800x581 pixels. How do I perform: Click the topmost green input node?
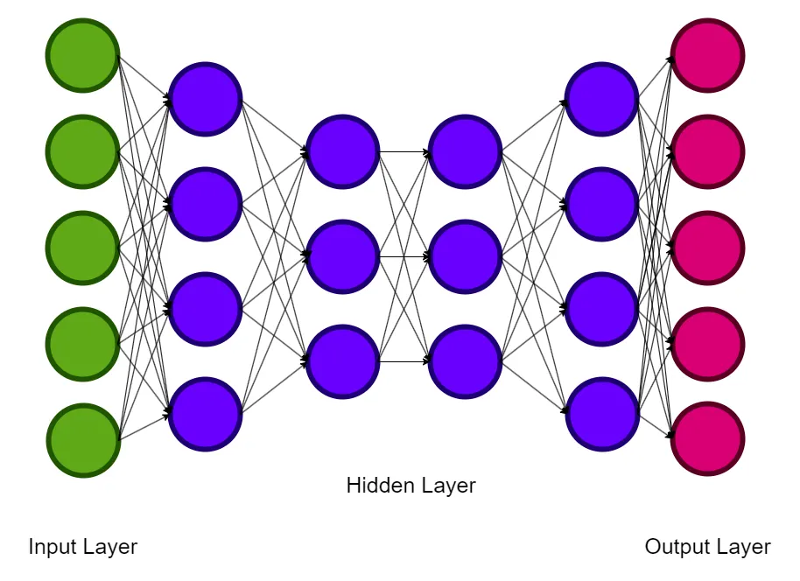coord(82,55)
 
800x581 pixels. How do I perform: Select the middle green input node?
coord(82,248)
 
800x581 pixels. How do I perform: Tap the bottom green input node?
coord(82,439)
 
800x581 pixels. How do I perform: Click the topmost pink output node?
coord(707,55)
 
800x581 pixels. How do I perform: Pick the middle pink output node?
coord(707,248)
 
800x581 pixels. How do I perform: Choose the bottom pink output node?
coord(707,439)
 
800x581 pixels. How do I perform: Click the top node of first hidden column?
coord(205,99)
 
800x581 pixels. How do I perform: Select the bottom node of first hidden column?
coord(205,414)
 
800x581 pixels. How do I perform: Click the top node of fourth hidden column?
coord(602,99)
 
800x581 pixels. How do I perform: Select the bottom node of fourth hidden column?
coord(602,414)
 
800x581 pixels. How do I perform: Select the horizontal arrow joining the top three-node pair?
coord(404,151)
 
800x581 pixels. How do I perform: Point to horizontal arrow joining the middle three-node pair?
coord(404,256)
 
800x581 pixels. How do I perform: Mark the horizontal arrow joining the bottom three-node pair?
coord(404,361)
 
